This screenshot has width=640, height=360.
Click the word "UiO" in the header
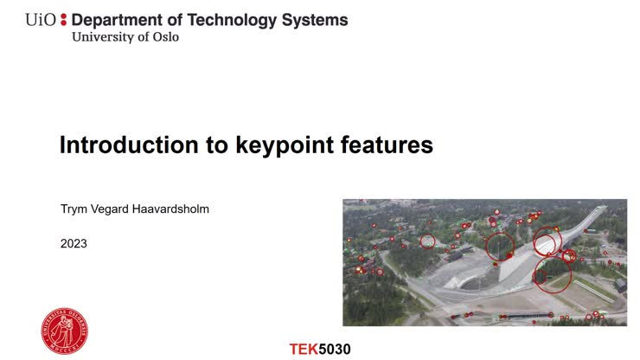(41, 19)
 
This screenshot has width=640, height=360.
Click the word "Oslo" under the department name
(164, 37)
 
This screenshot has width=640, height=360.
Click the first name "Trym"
(75, 209)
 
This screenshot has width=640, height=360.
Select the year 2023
(74, 244)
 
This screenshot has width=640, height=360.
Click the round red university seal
(64, 330)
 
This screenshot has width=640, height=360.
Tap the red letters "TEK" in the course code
(303, 350)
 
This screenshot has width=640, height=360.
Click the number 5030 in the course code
(335, 350)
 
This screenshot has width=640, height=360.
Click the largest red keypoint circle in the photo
(553, 276)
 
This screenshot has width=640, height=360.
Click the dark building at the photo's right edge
(619, 284)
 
